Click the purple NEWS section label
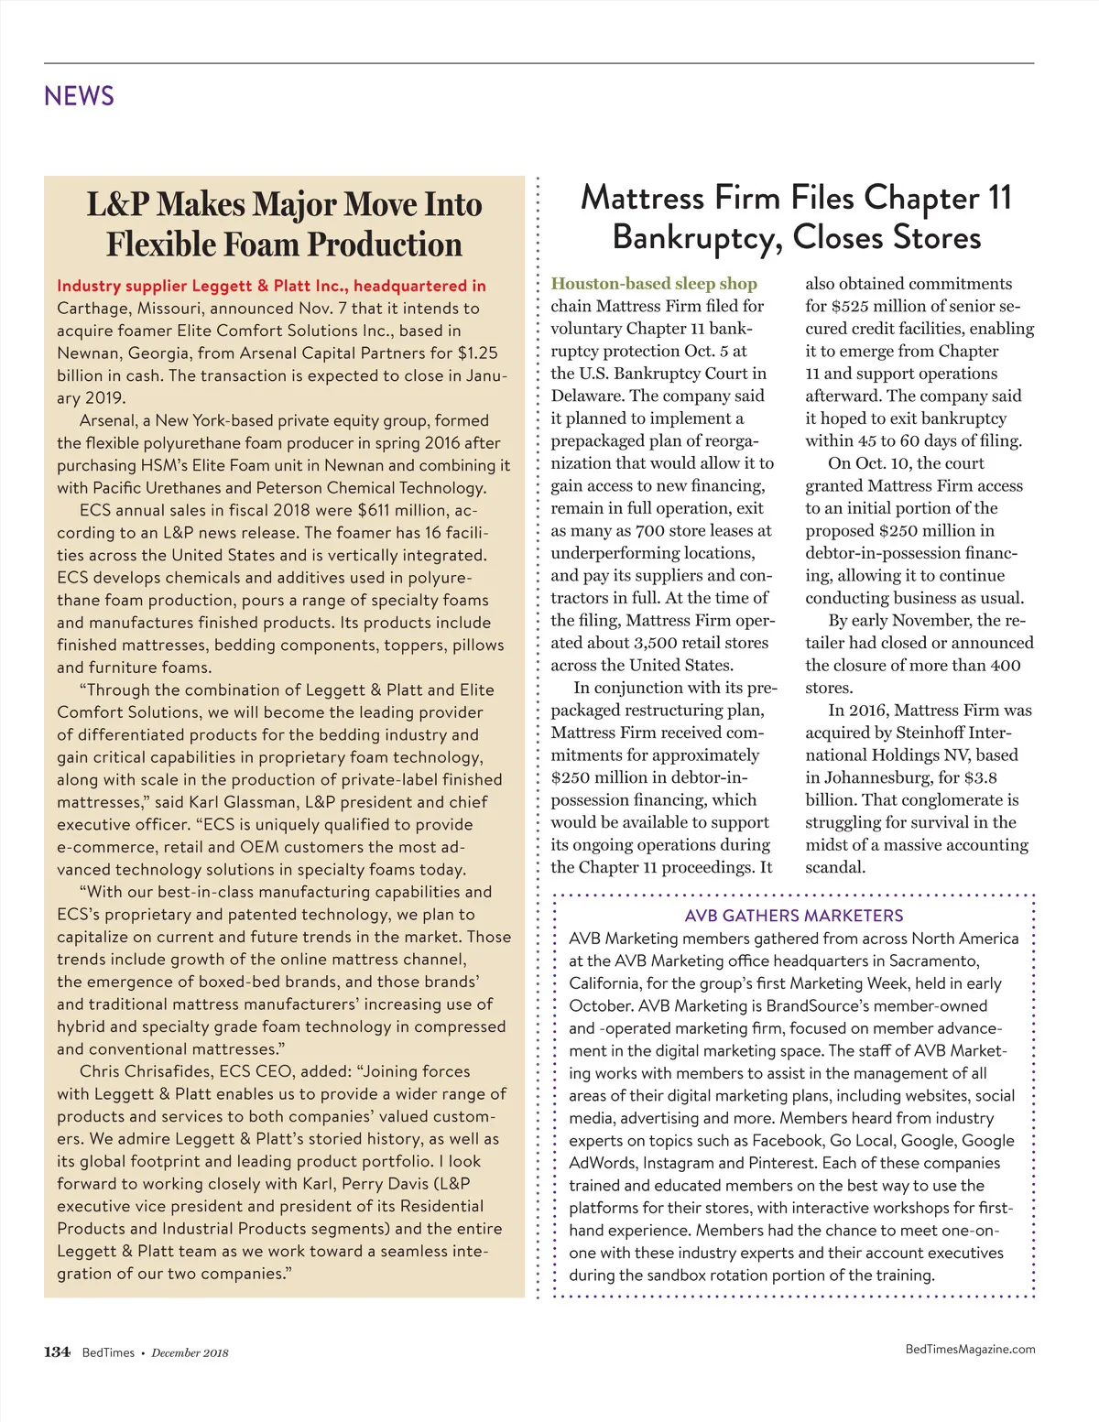(x=79, y=96)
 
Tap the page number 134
(x=57, y=1351)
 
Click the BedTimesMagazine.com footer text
(x=970, y=1349)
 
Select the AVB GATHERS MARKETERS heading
(x=793, y=916)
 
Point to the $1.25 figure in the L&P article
(x=477, y=353)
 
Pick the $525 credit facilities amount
(x=849, y=306)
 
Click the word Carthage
(x=92, y=308)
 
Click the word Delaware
(x=587, y=396)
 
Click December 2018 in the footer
(x=190, y=1352)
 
